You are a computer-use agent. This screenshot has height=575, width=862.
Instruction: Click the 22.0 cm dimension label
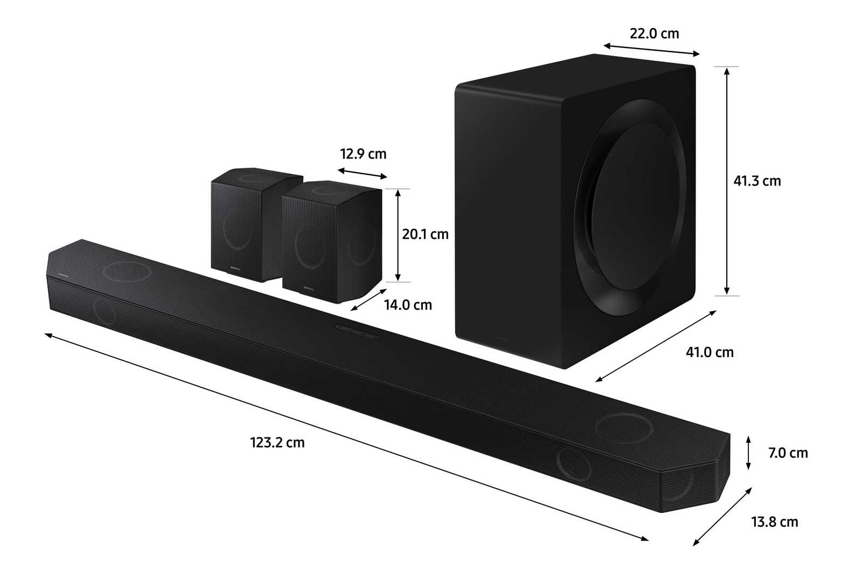coord(654,33)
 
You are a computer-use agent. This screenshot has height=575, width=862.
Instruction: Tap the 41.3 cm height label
coord(757,181)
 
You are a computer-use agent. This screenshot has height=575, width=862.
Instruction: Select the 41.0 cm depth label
coord(710,352)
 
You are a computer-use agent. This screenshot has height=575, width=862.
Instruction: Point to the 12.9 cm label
coord(363,154)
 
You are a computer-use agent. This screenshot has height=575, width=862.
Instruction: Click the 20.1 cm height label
coord(425,234)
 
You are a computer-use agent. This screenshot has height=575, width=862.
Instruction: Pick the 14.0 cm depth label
coord(408,305)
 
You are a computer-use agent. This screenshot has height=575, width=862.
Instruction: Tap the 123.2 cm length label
coord(277,442)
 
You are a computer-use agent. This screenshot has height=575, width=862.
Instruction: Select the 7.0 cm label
coord(788,453)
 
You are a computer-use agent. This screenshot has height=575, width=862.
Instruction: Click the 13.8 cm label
coord(775,522)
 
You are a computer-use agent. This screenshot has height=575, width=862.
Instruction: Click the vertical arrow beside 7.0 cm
coord(748,453)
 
